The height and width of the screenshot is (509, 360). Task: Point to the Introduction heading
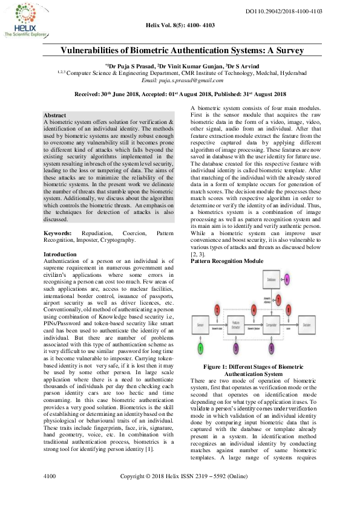(x=61, y=254)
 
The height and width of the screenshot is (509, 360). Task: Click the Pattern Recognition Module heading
(x=227, y=261)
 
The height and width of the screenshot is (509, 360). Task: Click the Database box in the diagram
(x=271, y=280)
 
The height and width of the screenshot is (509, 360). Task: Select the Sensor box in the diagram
(x=201, y=325)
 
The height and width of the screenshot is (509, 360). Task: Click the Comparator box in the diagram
(x=271, y=325)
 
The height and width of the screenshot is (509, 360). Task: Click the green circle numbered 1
(x=201, y=348)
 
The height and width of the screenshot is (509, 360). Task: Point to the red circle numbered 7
(x=278, y=300)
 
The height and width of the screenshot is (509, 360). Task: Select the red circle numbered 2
(x=217, y=309)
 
